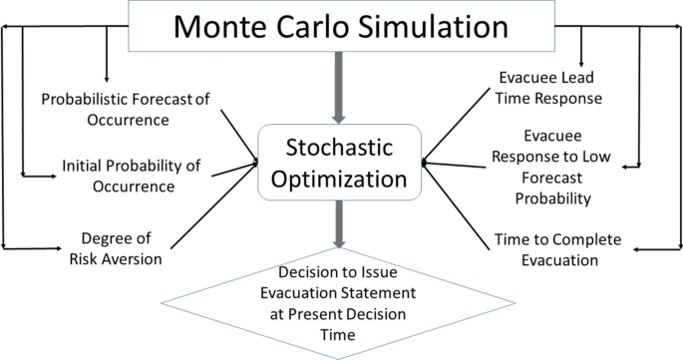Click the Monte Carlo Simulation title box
click(x=340, y=25)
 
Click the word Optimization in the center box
click(x=341, y=180)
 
